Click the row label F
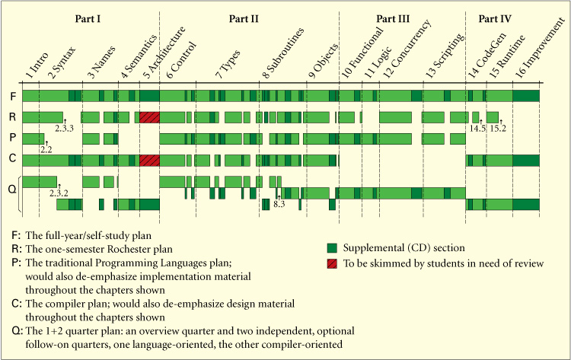tap(12, 96)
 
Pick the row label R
tap(12, 117)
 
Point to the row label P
tap(12, 139)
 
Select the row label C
tap(12, 160)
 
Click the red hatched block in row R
tap(149, 117)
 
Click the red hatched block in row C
tap(149, 161)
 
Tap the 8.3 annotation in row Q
tap(279, 204)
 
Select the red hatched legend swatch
tap(331, 263)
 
